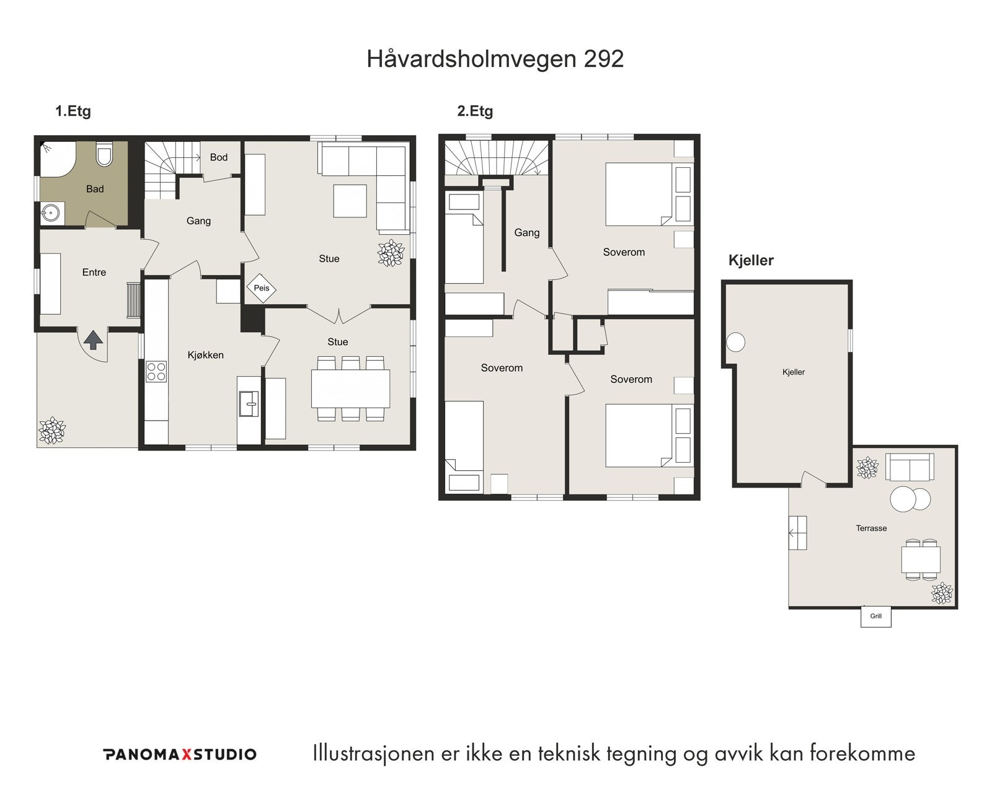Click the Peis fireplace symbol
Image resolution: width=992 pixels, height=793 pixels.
click(261, 288)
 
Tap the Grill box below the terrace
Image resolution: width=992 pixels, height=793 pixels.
click(875, 616)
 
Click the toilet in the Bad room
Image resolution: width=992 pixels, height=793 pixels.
click(104, 154)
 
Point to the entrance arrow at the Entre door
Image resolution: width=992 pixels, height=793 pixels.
click(93, 340)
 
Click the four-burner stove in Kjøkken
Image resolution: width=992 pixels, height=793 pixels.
click(156, 370)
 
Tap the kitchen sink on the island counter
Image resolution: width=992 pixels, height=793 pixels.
click(249, 403)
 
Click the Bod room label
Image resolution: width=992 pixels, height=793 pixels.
click(218, 157)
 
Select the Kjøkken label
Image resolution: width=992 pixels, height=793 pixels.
click(205, 355)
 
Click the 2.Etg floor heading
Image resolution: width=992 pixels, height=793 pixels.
click(475, 112)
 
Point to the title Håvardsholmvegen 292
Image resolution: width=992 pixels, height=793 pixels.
click(495, 59)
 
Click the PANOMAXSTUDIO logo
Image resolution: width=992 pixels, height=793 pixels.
click(179, 754)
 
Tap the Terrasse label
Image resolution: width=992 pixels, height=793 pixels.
click(871, 528)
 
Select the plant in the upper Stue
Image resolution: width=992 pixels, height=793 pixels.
click(391, 253)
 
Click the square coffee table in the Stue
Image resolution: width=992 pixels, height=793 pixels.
click(350, 201)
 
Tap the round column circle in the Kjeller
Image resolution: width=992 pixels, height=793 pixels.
click(735, 342)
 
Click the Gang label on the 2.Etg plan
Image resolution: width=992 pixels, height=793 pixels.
click(526, 233)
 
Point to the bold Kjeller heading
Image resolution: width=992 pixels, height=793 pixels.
click(751, 260)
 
